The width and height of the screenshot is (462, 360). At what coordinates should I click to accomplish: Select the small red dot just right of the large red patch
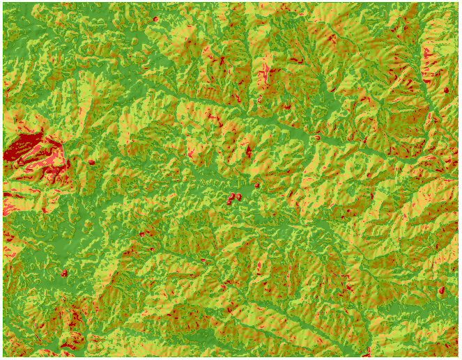point(91,162)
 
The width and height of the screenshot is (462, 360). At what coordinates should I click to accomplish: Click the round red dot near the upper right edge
point(446,90)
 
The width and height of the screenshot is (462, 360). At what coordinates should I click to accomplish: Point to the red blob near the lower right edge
point(441,290)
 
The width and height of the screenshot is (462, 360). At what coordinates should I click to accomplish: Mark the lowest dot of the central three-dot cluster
point(231,202)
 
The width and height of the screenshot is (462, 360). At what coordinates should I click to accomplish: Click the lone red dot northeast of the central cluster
point(256,185)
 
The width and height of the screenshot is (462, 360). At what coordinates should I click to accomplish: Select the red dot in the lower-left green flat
point(64,274)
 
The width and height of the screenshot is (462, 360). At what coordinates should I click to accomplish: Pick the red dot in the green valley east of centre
point(318,137)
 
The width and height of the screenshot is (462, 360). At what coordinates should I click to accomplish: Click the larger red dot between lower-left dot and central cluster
point(146,234)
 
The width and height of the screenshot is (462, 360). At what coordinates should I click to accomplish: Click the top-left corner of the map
point(3,3)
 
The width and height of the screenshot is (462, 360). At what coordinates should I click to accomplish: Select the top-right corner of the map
point(458,3)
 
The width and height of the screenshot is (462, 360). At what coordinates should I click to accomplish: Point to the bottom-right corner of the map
point(458,356)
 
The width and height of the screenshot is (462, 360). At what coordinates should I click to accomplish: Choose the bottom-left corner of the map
point(3,356)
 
